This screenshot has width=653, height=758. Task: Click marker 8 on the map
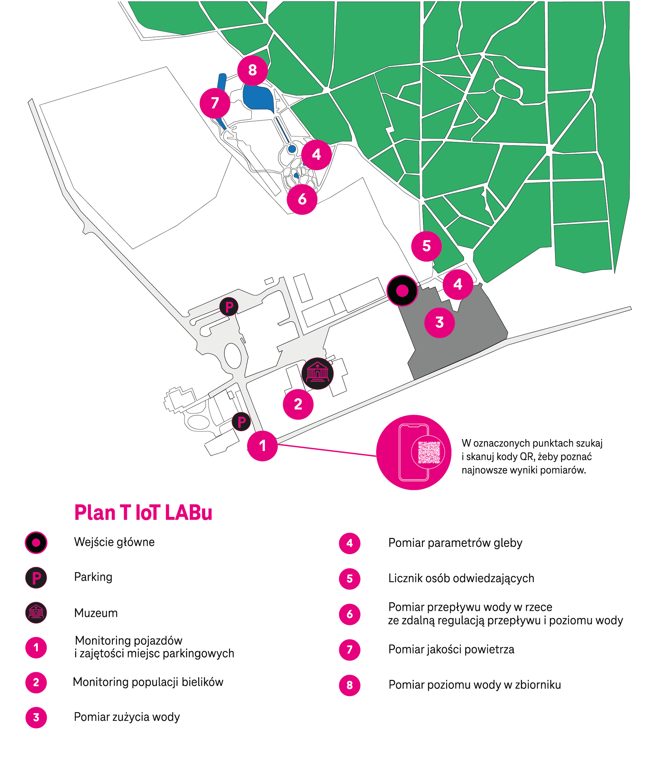tap(252, 70)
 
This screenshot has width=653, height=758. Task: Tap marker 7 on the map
tap(215, 103)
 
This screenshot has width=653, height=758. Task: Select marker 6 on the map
tap(302, 199)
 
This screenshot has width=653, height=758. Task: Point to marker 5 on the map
tap(426, 246)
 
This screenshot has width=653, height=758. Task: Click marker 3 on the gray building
tap(439, 323)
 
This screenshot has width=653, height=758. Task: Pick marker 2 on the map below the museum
tap(298, 404)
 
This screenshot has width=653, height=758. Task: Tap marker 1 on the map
tap(262, 446)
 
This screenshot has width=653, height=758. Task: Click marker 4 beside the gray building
tap(458, 285)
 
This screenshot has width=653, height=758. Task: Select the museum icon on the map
tap(318, 373)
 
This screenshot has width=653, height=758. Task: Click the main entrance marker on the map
tap(402, 291)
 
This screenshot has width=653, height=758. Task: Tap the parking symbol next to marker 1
tap(241, 422)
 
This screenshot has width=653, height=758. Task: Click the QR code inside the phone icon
tap(429, 453)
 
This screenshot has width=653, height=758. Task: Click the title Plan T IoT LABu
tap(143, 513)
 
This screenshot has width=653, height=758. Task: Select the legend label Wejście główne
tap(114, 542)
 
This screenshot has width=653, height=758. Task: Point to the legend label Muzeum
tap(96, 613)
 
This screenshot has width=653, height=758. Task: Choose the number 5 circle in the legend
tap(349, 579)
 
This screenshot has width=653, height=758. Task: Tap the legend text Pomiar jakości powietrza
tap(451, 649)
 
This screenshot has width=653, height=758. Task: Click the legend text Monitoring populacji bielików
tap(148, 682)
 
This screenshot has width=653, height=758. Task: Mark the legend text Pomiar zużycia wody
tap(127, 717)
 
